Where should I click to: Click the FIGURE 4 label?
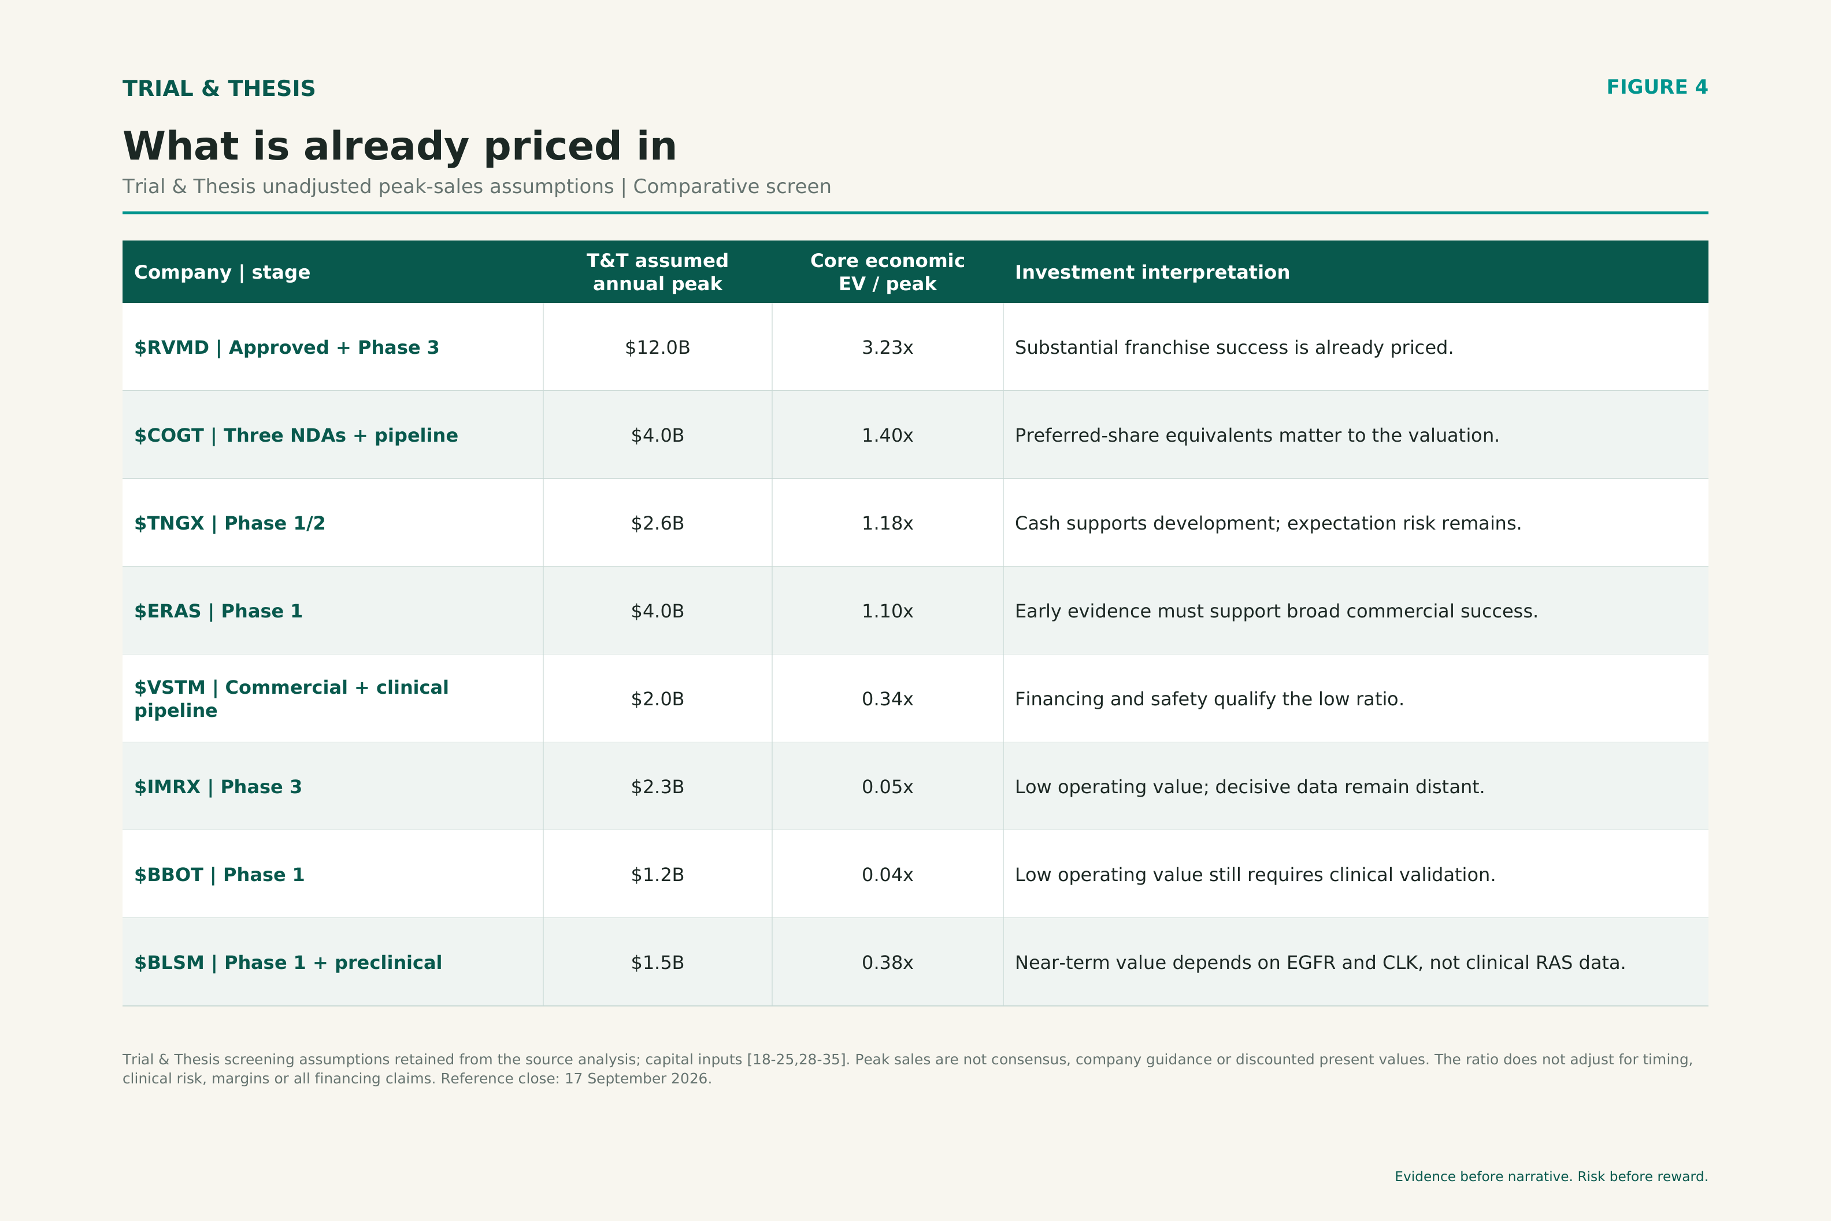pyautogui.click(x=1656, y=87)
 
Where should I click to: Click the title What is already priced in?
pyautogui.click(x=399, y=146)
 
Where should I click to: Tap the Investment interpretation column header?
pyautogui.click(x=1152, y=272)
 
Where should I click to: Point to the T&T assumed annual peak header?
pyautogui.click(x=658, y=272)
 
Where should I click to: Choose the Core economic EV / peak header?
pyautogui.click(x=888, y=272)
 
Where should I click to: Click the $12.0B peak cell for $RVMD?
pyautogui.click(x=658, y=347)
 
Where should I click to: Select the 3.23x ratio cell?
pyautogui.click(x=888, y=347)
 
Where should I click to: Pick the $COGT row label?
pyautogui.click(x=296, y=435)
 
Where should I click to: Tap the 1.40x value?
pyautogui.click(x=888, y=435)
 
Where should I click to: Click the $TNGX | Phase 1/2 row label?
pyautogui.click(x=229, y=523)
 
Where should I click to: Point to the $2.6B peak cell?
pyautogui.click(x=658, y=523)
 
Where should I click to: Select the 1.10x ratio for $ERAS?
pyautogui.click(x=888, y=611)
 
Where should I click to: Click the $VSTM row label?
pyautogui.click(x=291, y=698)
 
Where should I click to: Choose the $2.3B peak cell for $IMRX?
pyautogui.click(x=658, y=786)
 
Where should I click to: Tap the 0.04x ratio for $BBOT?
pyautogui.click(x=888, y=875)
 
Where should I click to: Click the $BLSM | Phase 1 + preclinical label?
pyautogui.click(x=288, y=963)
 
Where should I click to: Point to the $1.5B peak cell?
pyautogui.click(x=658, y=963)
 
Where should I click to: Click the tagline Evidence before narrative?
pyautogui.click(x=1551, y=1176)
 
